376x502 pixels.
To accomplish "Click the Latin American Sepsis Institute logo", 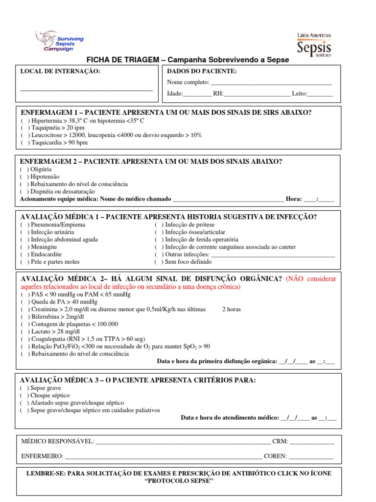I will [x=314, y=45].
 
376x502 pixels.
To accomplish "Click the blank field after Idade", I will [x=197, y=94].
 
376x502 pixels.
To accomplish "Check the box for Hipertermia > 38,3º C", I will [x=24, y=121].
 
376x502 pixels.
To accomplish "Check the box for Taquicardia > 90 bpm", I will [x=24, y=143].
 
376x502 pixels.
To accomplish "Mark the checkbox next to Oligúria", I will [x=24, y=169].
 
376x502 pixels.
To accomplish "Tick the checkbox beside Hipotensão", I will [x=24, y=176].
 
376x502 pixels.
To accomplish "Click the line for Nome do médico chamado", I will [x=228, y=200].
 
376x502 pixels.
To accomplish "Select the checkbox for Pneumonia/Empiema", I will [x=24, y=225].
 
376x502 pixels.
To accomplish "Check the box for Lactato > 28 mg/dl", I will [x=24, y=331].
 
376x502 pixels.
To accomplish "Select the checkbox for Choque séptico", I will [x=24, y=395].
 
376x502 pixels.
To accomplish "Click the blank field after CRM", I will [x=312, y=442].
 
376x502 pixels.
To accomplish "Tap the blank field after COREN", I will [x=311, y=456].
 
